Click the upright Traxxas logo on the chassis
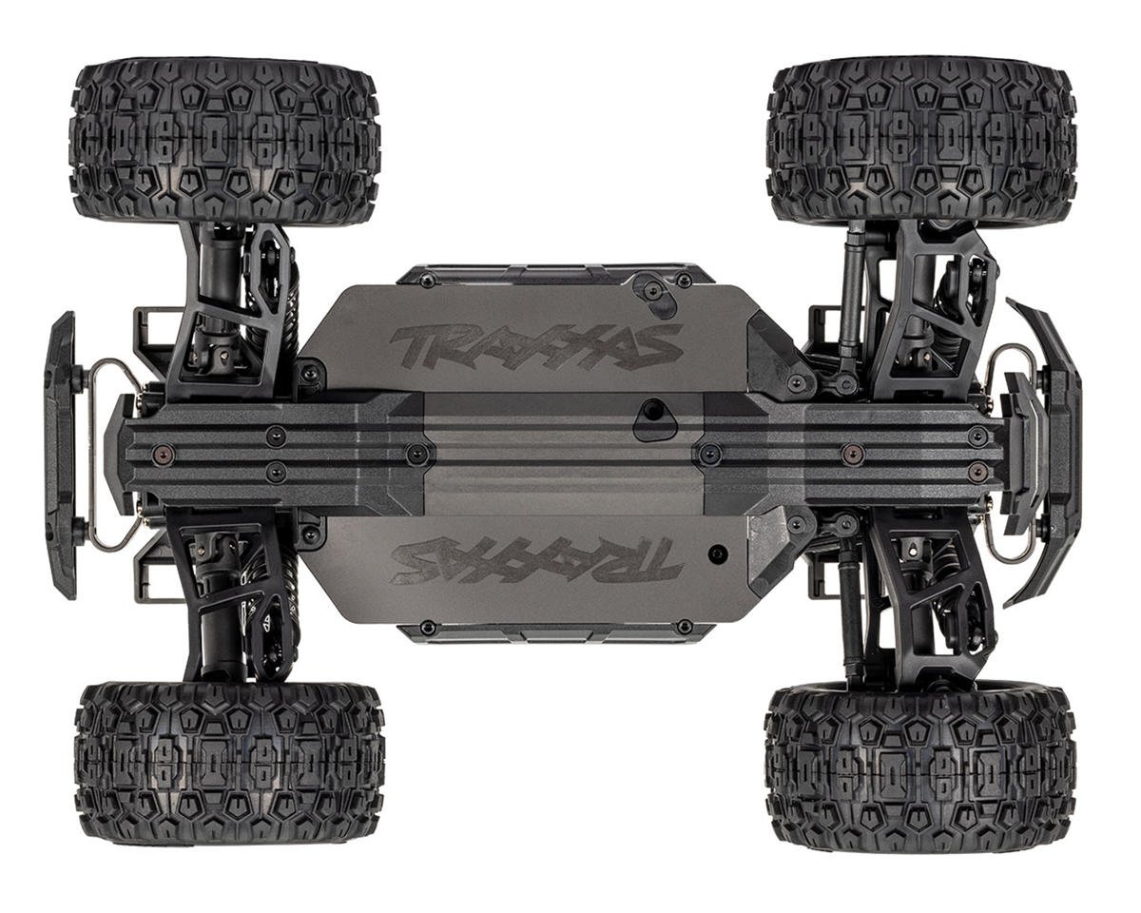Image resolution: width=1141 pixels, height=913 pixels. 536,345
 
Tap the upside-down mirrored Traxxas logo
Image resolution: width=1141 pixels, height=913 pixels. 536,559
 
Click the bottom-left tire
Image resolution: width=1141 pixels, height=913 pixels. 229,763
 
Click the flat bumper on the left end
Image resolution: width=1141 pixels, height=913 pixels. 61,455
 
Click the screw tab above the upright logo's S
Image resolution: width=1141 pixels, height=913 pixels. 654,292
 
